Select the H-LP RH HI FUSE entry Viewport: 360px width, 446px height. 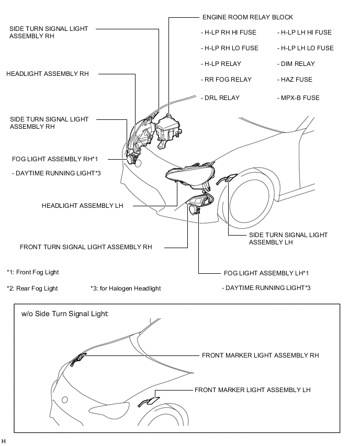(229, 32)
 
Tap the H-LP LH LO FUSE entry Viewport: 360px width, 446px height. (305, 48)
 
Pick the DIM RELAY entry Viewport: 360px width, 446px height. (296, 64)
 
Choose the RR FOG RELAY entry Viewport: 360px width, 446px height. (226, 80)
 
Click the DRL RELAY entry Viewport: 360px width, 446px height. (220, 98)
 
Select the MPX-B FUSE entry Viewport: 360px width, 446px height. (298, 98)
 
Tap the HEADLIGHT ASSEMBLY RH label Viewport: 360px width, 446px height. (48, 74)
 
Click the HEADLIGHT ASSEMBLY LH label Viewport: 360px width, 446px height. (83, 206)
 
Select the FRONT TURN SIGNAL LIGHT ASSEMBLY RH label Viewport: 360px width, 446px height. (86, 247)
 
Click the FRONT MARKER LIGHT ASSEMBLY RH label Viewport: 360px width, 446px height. (260, 355)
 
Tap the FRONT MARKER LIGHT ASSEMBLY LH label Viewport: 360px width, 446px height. (253, 390)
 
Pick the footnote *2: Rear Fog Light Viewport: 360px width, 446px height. (32, 288)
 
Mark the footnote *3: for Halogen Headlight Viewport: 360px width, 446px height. (126, 288)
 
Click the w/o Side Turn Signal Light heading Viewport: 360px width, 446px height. (65, 315)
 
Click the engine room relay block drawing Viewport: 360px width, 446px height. (168, 128)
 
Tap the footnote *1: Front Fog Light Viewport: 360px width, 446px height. (33, 272)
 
